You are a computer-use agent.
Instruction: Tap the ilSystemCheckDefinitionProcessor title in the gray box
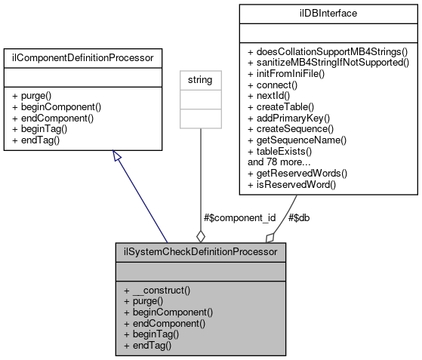[200, 251]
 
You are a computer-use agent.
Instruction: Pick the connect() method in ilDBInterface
[276, 87]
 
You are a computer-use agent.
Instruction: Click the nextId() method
[274, 97]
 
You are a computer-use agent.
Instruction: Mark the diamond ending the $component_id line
[200, 236]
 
